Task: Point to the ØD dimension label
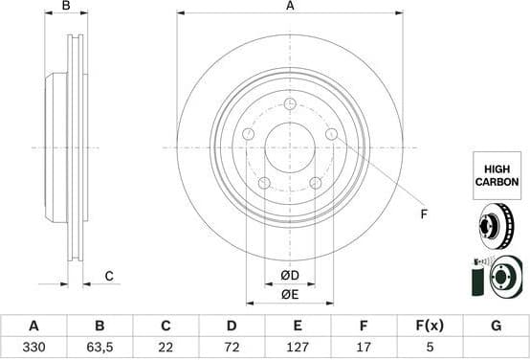pos(290,277)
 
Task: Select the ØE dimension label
pos(290,295)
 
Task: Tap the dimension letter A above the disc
pos(290,7)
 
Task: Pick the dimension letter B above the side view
pos(66,7)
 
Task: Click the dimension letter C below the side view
pos(109,277)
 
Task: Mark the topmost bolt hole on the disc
pos(290,103)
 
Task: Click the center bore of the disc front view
pos(290,147)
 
